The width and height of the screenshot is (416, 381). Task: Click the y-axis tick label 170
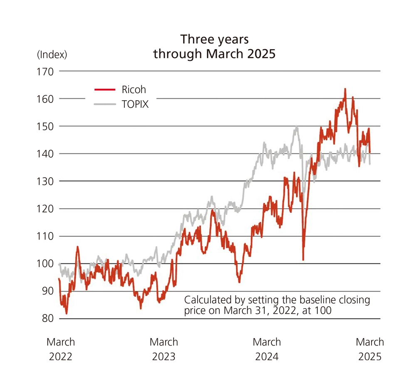[46, 71]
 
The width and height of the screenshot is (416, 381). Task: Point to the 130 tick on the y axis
[46, 181]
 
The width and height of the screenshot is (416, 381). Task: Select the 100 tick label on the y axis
[46, 264]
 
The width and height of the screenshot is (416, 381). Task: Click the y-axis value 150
[46, 126]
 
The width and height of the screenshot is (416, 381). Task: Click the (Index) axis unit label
[52, 54]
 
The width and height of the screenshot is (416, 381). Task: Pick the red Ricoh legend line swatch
[104, 89]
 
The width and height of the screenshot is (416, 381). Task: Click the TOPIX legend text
[135, 104]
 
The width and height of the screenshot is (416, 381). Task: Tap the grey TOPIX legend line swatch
[104, 104]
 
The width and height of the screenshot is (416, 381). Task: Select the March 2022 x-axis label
[61, 349]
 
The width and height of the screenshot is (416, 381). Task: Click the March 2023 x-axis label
[164, 349]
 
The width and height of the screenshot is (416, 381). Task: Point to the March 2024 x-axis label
[267, 349]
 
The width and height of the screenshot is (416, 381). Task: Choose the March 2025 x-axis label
[370, 349]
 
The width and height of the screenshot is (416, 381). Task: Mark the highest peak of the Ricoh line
[345, 89]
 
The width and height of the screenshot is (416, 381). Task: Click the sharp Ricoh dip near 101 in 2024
[303, 260]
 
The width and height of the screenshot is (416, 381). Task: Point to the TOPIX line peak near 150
[297, 126]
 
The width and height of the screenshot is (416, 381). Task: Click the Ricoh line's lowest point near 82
[67, 313]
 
